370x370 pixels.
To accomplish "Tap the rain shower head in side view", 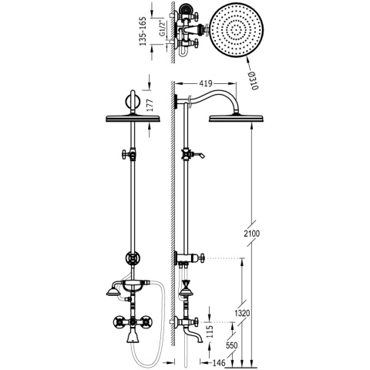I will coord(235,118).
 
